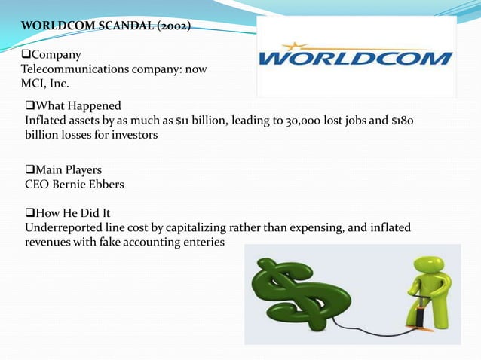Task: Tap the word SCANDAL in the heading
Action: (113, 26)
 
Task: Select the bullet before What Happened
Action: (30, 105)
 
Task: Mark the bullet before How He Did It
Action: (30, 213)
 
